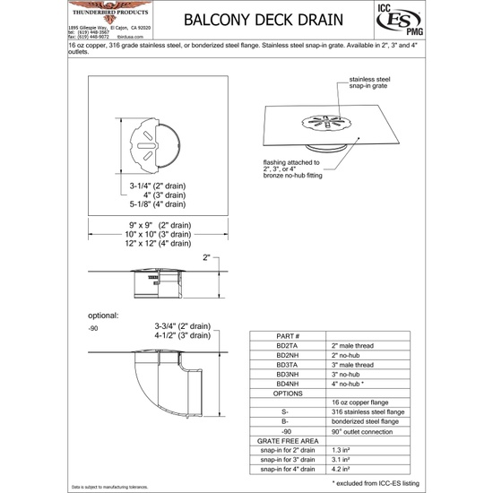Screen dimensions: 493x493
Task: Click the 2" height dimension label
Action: [x=207, y=258]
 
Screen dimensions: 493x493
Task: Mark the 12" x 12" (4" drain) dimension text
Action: [x=160, y=243]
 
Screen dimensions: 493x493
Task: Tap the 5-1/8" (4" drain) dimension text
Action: [x=160, y=203]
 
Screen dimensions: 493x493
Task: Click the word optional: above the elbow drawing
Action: [x=107, y=316]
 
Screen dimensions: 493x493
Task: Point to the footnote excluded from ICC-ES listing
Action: [x=401, y=482]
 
